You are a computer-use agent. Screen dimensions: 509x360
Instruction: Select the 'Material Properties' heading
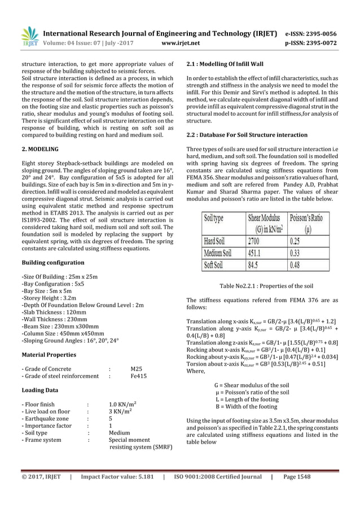[49, 355]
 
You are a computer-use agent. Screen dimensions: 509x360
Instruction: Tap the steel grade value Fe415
[139, 376]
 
